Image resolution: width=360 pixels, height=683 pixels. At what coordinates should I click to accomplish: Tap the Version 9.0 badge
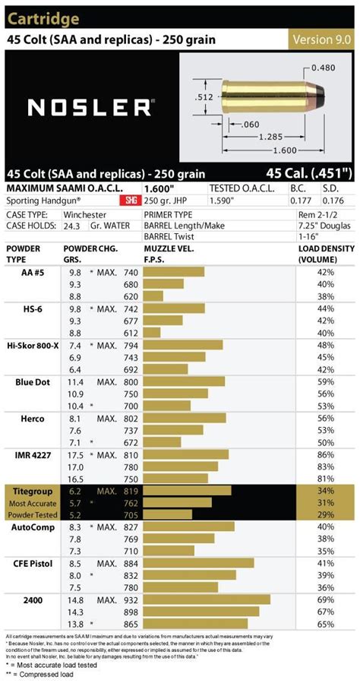[x=323, y=40]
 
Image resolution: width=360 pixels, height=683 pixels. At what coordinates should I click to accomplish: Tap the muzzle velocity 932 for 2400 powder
[x=131, y=599]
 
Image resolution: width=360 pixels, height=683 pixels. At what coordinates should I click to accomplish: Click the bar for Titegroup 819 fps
[x=187, y=491]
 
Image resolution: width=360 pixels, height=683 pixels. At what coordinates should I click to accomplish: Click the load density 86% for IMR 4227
[x=326, y=454]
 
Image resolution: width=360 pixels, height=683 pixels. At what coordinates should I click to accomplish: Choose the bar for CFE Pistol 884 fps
[x=198, y=563]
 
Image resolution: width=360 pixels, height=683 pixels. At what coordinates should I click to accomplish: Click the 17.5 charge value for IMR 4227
[x=75, y=454]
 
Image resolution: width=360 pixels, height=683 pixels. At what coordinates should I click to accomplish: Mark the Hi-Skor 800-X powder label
[x=33, y=345]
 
